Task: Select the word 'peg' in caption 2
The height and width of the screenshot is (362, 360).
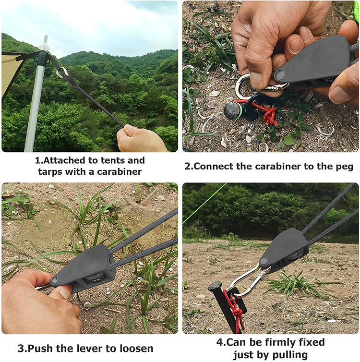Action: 344,167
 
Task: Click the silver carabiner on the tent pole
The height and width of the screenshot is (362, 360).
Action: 62,72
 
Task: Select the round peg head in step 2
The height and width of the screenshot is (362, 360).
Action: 233,110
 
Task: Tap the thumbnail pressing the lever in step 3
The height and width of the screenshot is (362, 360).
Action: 65,293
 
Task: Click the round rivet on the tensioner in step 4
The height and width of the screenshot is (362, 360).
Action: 264,261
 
